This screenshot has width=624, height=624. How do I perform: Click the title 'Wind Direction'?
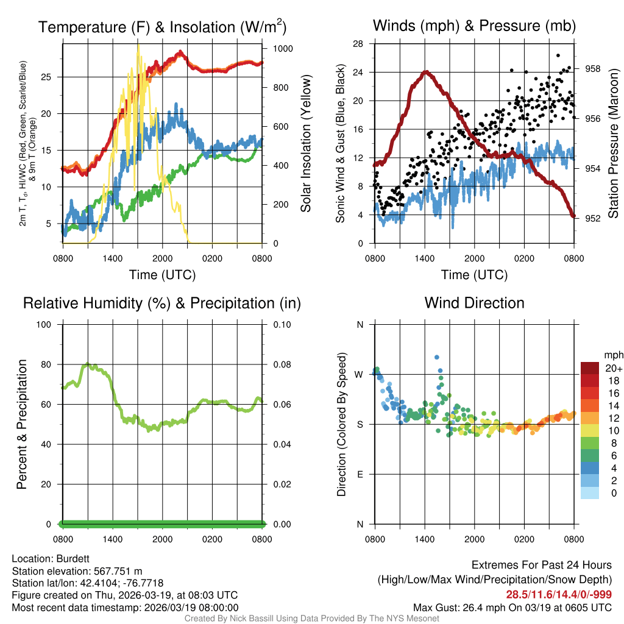pyautogui.click(x=474, y=303)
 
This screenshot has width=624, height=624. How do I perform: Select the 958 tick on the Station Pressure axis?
pyautogui.click(x=593, y=69)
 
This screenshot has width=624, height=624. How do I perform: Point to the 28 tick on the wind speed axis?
pyautogui.click(x=358, y=44)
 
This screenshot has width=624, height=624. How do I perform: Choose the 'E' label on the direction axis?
pyautogui.click(x=360, y=474)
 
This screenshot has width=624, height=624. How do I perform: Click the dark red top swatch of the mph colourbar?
pyautogui.click(x=590, y=368)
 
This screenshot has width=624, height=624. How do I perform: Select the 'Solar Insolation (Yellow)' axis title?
pyautogui.click(x=305, y=144)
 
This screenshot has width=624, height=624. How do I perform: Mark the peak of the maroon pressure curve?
pyautogui.click(x=426, y=72)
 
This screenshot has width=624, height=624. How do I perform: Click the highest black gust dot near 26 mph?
pyautogui.click(x=558, y=55)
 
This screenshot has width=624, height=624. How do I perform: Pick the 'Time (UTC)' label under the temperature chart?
pyautogui.click(x=163, y=275)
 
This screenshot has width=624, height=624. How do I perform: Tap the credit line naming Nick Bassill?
pyautogui.click(x=311, y=619)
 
